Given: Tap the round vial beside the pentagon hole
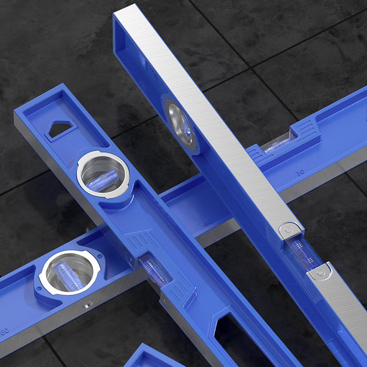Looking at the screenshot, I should pos(103,174).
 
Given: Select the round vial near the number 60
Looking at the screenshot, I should pos(69,273).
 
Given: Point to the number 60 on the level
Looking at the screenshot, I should pos(4,331).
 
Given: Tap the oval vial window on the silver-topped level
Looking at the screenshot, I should pos(181,124).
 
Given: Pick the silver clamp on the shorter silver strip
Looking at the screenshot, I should pos(320,273).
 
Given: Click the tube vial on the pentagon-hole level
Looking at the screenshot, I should pos(155,270).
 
